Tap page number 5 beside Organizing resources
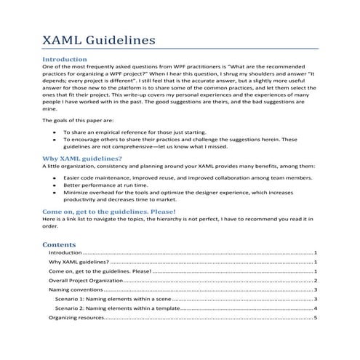click(x=316, y=318)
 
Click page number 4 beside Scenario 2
click(x=316, y=308)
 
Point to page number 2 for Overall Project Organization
click(x=316, y=280)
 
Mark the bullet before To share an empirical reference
click(x=57, y=132)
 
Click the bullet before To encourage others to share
click(x=57, y=140)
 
